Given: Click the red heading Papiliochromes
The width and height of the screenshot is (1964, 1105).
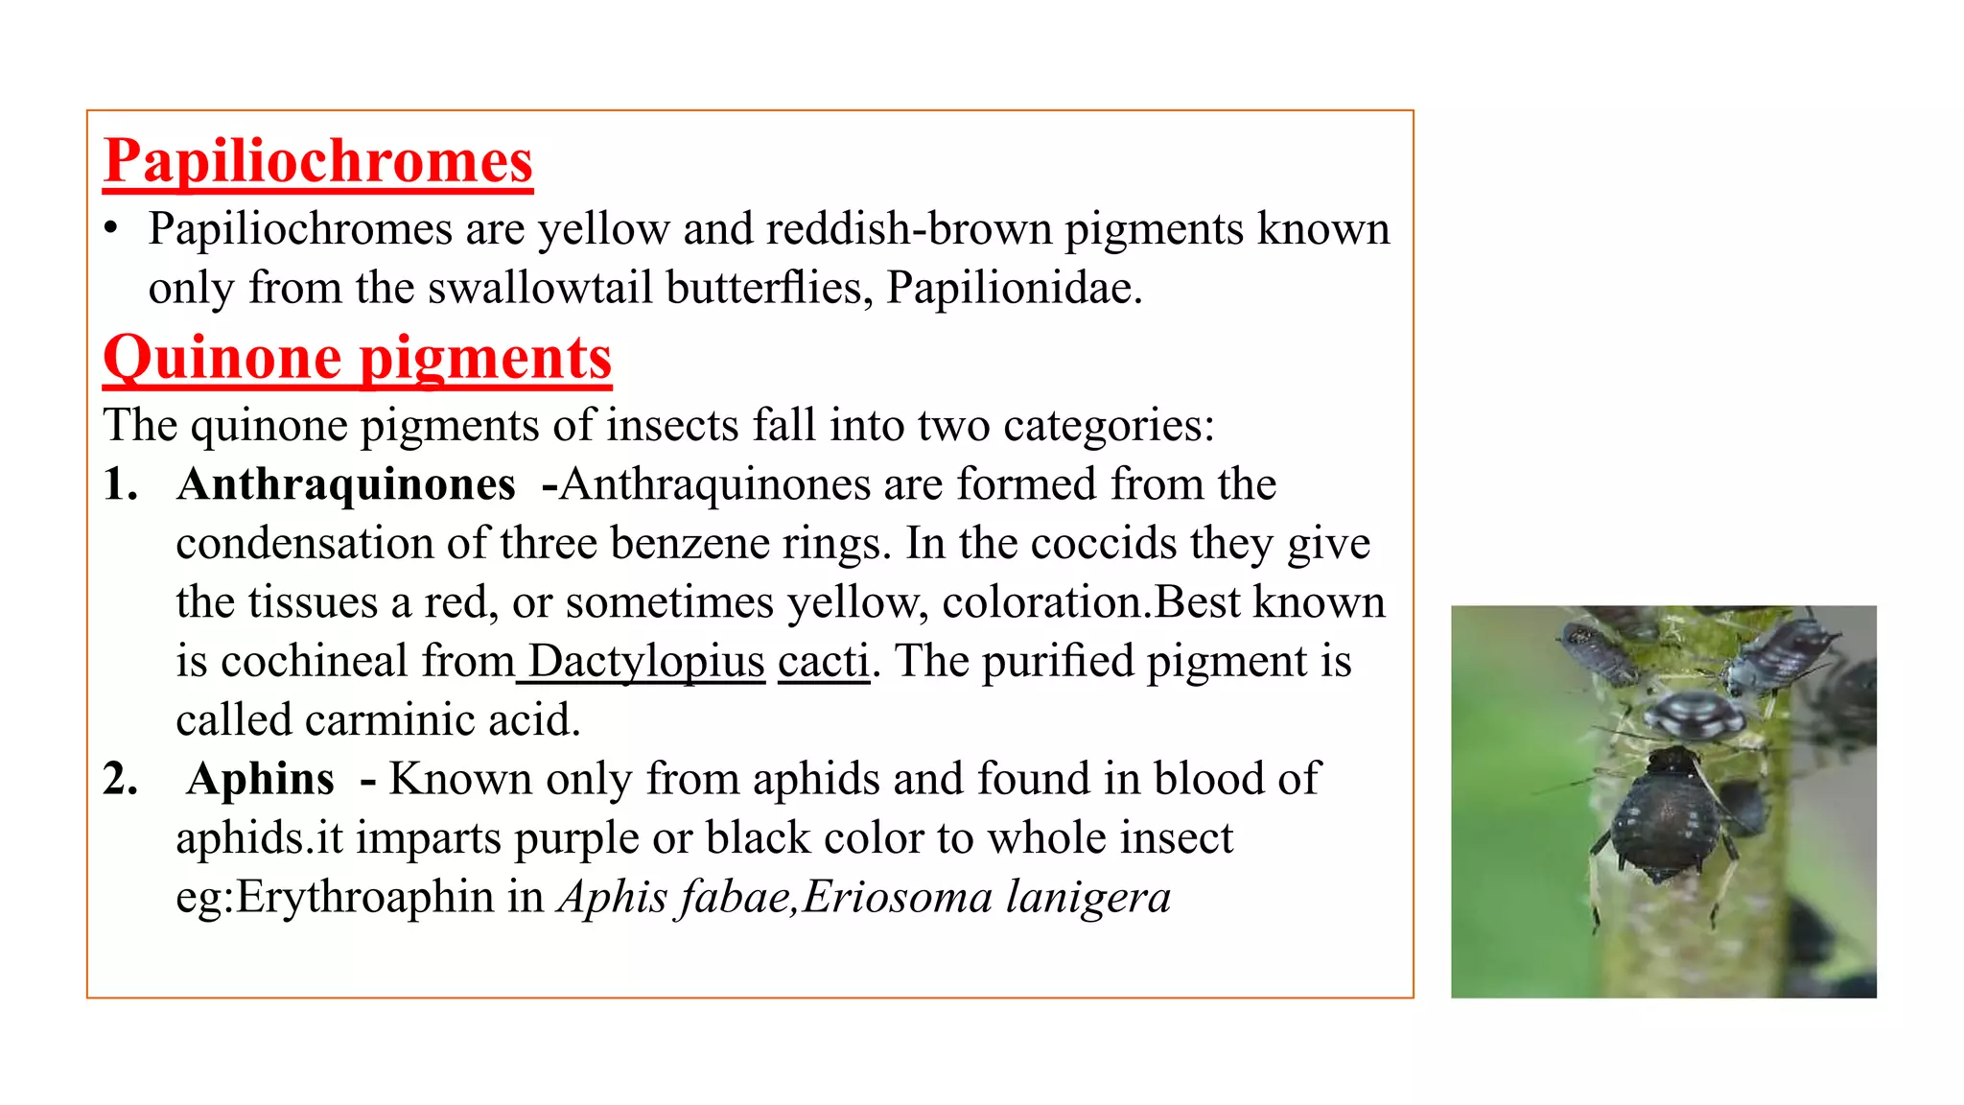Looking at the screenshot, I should (317, 161).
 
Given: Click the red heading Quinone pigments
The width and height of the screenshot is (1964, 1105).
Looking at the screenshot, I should (357, 359).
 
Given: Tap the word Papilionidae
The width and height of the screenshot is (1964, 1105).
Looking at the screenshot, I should (1014, 288).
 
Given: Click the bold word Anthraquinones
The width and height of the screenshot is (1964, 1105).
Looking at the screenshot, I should (346, 484).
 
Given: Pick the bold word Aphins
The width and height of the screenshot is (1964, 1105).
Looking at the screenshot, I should (261, 779).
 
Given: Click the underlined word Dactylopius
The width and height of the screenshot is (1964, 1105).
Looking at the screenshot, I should (646, 662).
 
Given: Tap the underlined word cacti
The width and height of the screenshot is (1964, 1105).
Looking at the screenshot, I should (823, 662).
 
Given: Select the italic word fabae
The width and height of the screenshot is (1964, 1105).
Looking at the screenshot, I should (735, 898).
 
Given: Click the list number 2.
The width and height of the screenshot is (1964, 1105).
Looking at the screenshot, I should (120, 779).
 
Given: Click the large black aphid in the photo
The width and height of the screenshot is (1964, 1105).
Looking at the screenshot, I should (1665, 815).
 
